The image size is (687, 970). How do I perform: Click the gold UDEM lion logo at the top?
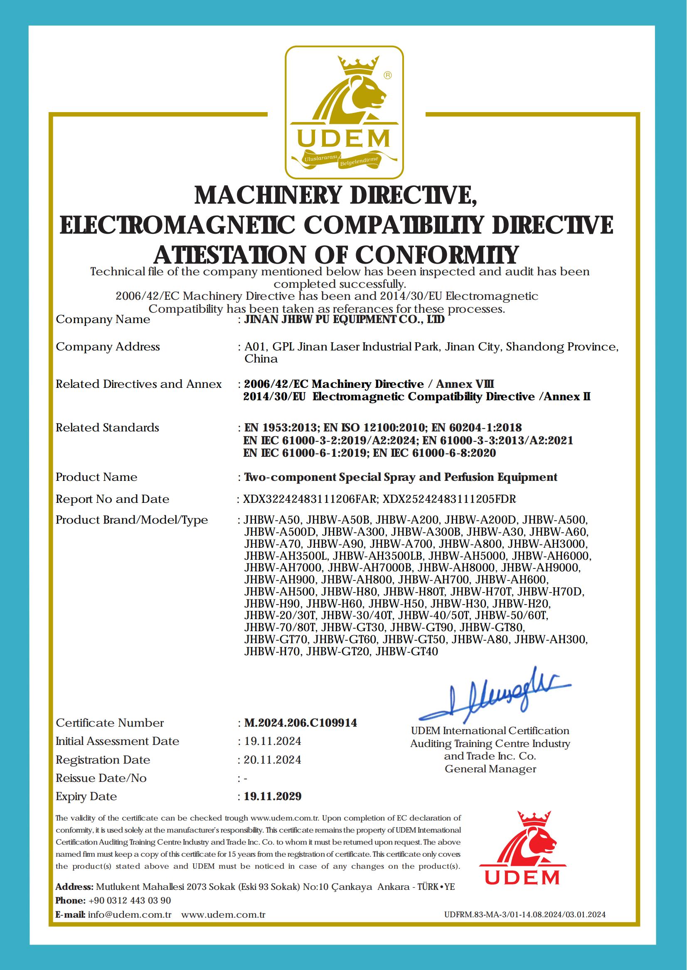[343, 112]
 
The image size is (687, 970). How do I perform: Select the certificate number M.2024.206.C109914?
[300, 723]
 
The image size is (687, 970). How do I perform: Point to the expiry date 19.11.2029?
[273, 796]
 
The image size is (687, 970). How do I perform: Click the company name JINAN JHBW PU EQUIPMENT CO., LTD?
[345, 320]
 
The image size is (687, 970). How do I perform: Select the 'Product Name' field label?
[96, 477]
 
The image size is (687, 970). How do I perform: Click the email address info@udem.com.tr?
[129, 915]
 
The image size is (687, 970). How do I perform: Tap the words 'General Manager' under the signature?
[490, 769]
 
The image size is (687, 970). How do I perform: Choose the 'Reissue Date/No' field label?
[101, 778]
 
